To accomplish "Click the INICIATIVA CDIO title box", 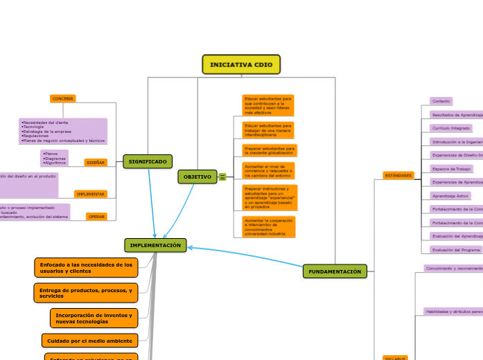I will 241,64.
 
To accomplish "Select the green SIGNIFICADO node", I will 148,161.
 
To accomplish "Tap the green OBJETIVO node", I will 197,177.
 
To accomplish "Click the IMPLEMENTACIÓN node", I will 155,245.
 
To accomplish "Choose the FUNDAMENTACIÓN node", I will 335,271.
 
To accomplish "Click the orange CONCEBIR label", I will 63,99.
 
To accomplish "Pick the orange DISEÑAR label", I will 96,163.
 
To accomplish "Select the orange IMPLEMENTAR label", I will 91,194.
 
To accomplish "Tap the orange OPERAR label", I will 97,217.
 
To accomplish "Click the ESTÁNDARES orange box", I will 398,176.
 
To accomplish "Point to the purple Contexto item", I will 441,101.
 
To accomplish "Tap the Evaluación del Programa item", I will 455,249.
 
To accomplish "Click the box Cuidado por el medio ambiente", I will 89,340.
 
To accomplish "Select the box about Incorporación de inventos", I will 94,318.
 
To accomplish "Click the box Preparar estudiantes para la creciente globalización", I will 269,150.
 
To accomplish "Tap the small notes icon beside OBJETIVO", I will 222,177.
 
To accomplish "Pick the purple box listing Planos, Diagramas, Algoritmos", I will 55,158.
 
